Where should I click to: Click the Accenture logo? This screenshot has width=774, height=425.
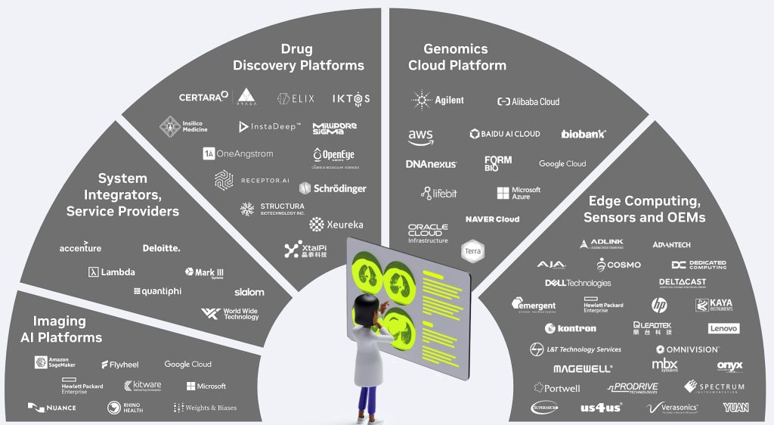pyautogui.click(x=80, y=248)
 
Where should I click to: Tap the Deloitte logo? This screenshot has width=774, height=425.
pyautogui.click(x=161, y=248)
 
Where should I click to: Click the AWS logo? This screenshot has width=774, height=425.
pyautogui.click(x=420, y=137)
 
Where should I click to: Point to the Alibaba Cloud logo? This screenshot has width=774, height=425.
pyautogui.click(x=528, y=101)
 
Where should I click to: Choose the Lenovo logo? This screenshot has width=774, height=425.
pyautogui.click(x=723, y=328)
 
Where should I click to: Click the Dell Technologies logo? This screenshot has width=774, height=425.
pyautogui.click(x=577, y=283)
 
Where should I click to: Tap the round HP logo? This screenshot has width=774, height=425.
pyautogui.click(x=660, y=305)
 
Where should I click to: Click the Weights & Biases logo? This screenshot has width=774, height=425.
pyautogui.click(x=205, y=408)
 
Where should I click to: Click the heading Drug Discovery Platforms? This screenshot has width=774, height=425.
pyautogui.click(x=298, y=57)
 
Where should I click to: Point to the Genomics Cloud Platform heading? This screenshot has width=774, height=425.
pyautogui.click(x=457, y=57)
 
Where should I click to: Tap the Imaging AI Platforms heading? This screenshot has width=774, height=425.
pyautogui.click(x=67, y=329)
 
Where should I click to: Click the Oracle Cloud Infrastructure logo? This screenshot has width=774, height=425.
pyautogui.click(x=428, y=233)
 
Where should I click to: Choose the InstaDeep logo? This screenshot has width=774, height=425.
pyautogui.click(x=270, y=126)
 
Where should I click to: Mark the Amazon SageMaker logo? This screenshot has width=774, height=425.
pyautogui.click(x=63, y=363)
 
